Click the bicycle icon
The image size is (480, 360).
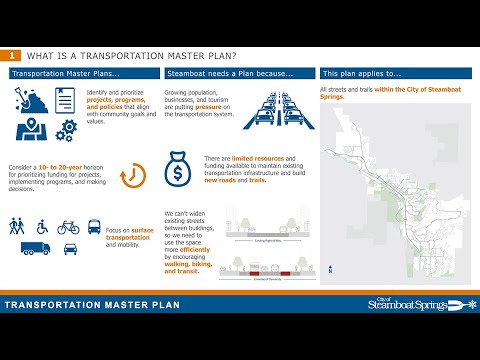coord(68,227)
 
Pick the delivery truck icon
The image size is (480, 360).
coord(34,248)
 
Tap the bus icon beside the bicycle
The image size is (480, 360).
coord(94,227)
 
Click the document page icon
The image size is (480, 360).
coord(65,100)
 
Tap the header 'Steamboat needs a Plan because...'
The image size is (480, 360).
coord(229,74)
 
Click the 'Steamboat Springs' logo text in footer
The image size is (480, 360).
coord(409,303)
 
